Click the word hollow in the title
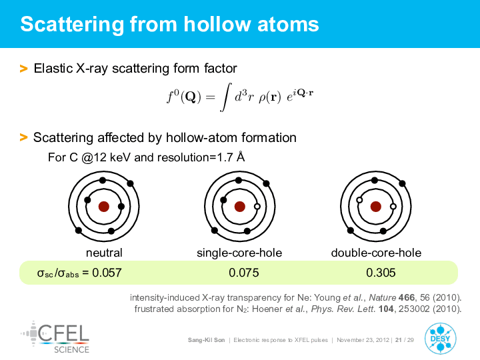217,24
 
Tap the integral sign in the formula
225,97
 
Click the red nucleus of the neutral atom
104,207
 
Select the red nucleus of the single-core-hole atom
240,207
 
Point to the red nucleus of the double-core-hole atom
375,207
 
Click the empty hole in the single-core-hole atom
257,206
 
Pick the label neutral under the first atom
104,253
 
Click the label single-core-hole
239,253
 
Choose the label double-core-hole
376,253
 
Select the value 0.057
107,273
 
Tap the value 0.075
244,273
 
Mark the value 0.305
381,273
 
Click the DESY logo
440,339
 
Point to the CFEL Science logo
55,337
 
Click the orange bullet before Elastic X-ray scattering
23,69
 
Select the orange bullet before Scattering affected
23,137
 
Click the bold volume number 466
407,297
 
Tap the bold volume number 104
386,309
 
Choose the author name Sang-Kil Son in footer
206,340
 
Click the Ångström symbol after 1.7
241,157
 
